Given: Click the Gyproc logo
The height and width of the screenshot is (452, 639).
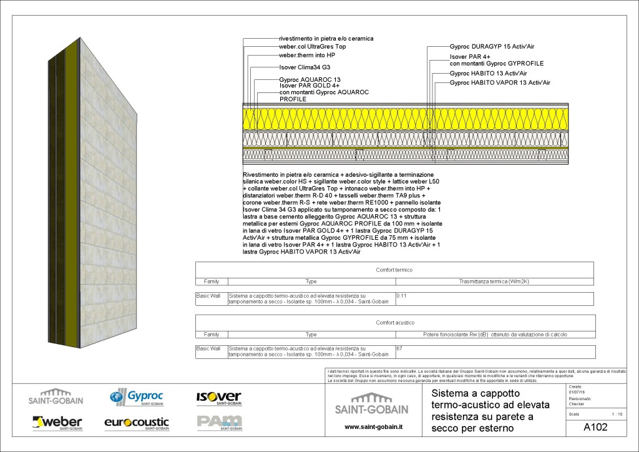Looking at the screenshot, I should click(137, 397).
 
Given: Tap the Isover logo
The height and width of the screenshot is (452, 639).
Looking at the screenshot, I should click(218, 397).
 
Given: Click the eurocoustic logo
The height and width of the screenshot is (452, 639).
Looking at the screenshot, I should click(137, 423).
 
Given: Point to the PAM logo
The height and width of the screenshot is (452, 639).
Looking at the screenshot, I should click(218, 423).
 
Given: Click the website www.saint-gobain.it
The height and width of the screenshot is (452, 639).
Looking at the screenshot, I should click(373, 427).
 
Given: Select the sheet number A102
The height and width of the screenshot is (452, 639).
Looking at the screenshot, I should click(595, 428).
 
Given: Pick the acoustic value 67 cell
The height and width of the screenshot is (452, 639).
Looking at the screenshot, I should click(400, 348).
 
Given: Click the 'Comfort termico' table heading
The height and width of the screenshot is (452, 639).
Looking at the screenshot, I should click(394, 270).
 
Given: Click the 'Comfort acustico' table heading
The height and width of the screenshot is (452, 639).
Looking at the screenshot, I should click(395, 323).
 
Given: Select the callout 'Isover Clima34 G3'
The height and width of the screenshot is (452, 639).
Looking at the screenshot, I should click(305, 67).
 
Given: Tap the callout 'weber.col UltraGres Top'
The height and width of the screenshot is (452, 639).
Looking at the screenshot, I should click(312, 47).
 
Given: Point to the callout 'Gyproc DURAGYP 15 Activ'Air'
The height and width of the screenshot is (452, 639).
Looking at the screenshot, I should click(491, 46).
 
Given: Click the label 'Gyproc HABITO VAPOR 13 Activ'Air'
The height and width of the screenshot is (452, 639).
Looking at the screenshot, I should click(499, 82).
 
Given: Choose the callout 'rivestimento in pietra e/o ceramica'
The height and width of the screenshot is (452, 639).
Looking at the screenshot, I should click(326, 39).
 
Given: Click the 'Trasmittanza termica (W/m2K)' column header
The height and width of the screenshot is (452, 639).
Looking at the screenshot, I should click(494, 282).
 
